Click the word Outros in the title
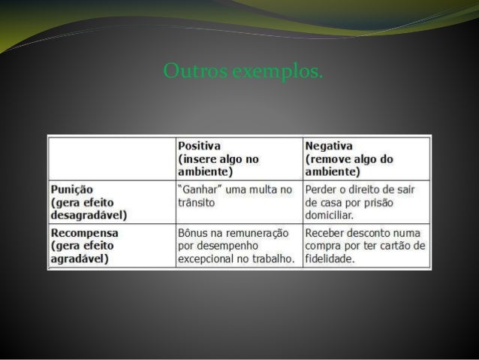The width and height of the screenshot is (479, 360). (x=185, y=73)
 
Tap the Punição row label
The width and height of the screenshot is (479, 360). (x=73, y=189)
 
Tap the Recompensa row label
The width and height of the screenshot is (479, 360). (x=85, y=233)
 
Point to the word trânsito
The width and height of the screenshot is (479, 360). (x=197, y=203)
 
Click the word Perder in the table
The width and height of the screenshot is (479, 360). (x=321, y=189)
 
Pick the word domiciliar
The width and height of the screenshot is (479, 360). (x=330, y=215)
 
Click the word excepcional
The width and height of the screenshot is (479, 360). (x=207, y=259)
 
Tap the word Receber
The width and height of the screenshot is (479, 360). (x=325, y=233)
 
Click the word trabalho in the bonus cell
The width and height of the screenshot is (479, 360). (x=269, y=259)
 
